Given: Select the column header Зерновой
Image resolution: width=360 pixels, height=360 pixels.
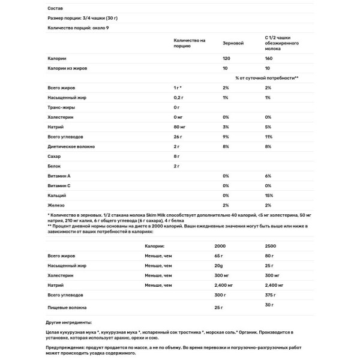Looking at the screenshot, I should pyautogui.click(x=233, y=44).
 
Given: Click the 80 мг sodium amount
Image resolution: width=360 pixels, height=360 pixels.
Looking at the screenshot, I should pyautogui.click(x=178, y=127).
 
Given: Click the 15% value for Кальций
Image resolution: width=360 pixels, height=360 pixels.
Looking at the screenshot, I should pyautogui.click(x=268, y=196).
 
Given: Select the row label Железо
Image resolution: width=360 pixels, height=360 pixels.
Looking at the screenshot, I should pyautogui.click(x=56, y=205).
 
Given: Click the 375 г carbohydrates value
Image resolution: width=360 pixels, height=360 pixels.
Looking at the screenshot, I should pyautogui.click(x=271, y=296).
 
